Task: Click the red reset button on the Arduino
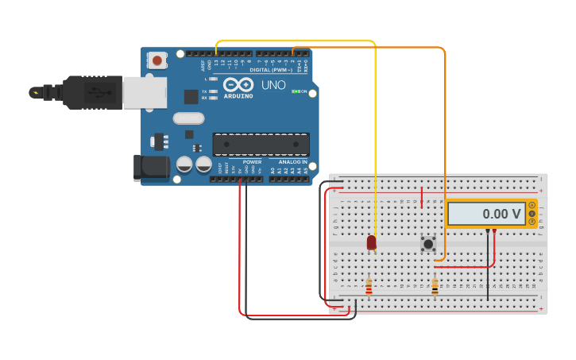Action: click(157, 60)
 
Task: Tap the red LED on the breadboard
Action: click(372, 242)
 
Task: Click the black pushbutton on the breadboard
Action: click(428, 244)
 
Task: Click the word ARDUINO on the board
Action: click(238, 96)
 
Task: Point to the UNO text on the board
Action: click(273, 84)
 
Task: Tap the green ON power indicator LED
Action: click(296, 91)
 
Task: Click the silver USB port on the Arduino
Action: click(145, 92)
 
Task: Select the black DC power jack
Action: click(152, 167)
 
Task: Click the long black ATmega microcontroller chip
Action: click(261, 144)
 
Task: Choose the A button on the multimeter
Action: click(532, 205)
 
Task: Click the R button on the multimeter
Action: click(532, 222)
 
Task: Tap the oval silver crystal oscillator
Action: click(188, 118)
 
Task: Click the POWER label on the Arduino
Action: click(252, 162)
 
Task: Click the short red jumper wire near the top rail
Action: click(421, 197)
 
